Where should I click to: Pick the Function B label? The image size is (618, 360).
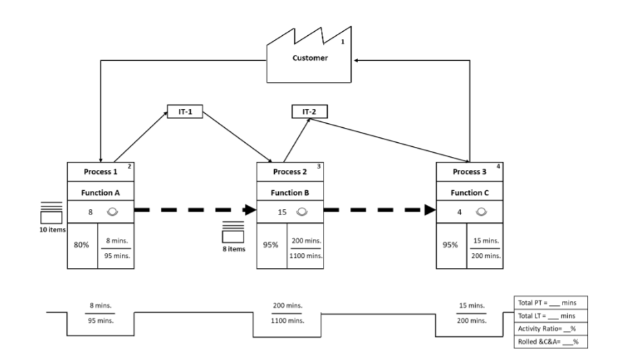[x=289, y=192]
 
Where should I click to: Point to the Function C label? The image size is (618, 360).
[x=469, y=192]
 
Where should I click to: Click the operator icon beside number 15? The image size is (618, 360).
[x=301, y=212]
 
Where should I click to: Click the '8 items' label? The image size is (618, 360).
[x=233, y=249]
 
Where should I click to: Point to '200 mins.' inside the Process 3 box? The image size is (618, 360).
[x=487, y=256]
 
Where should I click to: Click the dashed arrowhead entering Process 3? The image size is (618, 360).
[x=429, y=210]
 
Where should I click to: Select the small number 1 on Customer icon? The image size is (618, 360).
[x=343, y=42]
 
